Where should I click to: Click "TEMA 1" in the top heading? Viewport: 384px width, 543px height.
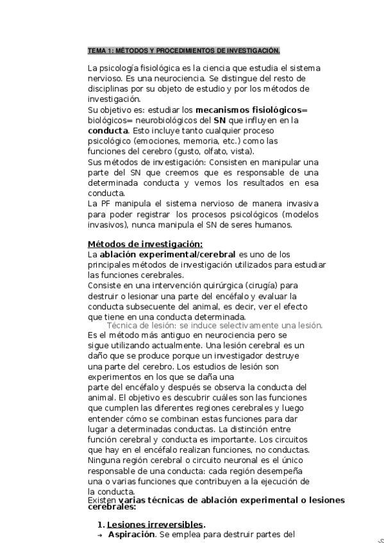[99, 51]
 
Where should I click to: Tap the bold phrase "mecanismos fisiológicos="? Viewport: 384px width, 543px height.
[252, 109]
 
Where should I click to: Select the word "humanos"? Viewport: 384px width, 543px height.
[274, 225]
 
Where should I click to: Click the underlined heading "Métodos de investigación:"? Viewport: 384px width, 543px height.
[145, 244]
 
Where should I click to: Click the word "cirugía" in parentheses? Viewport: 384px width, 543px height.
[264, 286]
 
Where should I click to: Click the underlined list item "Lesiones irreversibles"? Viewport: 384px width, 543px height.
[156, 523]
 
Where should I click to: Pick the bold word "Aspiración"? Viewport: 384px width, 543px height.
[131, 534]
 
